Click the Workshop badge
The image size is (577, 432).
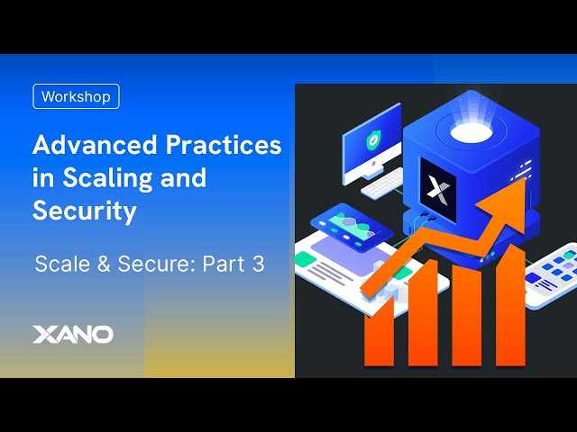tap(76, 96)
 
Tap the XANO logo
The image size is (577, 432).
tap(72, 335)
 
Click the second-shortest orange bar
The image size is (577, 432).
tap(423, 315)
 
